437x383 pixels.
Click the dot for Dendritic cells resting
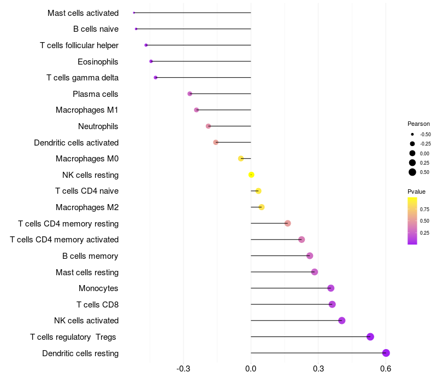386,353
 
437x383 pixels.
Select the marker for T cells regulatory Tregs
370,336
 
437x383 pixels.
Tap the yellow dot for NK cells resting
251,175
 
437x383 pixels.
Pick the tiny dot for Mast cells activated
134,13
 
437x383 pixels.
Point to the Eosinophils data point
151,61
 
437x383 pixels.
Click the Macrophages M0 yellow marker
241,159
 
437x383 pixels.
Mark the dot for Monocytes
330,288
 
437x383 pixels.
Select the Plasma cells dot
190,94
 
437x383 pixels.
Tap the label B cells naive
96,29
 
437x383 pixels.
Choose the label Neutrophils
98,126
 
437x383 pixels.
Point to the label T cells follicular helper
79,45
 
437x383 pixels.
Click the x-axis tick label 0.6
386,369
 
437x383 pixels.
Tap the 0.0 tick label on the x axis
251,369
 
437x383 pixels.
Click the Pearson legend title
418,124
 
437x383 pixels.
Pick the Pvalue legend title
416,191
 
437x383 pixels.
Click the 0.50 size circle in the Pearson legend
412,172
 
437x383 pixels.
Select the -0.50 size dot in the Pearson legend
412,134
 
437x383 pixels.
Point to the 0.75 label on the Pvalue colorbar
424,209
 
